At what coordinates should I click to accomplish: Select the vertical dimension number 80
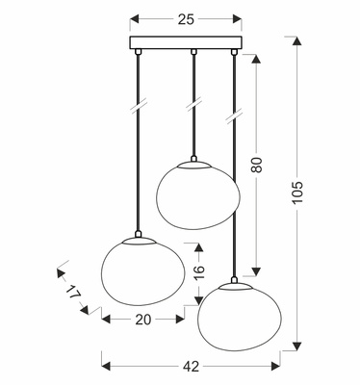(x=256, y=164)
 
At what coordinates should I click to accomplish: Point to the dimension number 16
(x=198, y=271)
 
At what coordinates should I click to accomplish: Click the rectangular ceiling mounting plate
(x=185, y=43)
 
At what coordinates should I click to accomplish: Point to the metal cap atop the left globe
(x=141, y=236)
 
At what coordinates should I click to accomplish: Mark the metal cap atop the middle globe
(x=195, y=161)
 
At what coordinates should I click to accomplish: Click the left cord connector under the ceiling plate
(x=141, y=52)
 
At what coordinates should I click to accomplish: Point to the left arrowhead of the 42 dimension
(x=105, y=365)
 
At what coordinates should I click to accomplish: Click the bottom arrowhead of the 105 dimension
(x=296, y=341)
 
